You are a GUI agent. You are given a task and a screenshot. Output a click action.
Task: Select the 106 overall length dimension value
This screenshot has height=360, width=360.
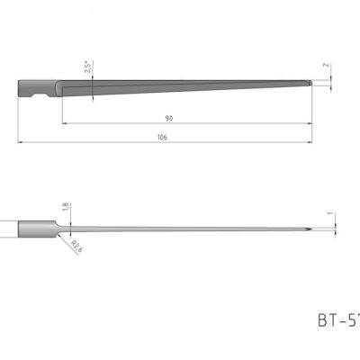point(162,137)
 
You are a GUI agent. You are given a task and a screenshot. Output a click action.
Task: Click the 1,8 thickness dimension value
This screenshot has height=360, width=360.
point(64,207)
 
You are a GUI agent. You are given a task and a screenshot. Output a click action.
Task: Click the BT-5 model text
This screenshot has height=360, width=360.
point(337,318)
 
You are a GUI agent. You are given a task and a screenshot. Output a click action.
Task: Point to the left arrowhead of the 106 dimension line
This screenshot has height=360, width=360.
point(20,141)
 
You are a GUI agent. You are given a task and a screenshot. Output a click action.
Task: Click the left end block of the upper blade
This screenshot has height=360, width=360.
point(23,87)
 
